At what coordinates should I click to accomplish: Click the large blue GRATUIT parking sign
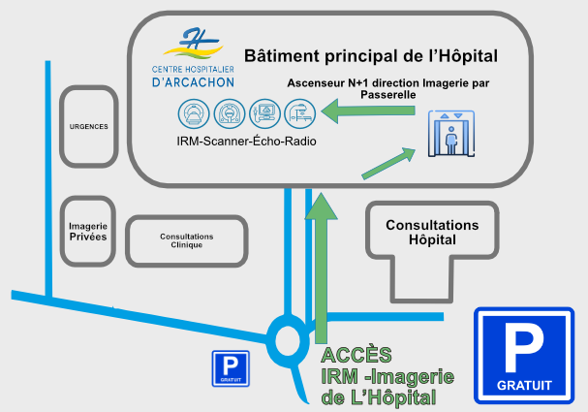523,356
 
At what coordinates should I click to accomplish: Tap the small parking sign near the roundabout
230,369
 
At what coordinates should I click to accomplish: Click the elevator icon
450,134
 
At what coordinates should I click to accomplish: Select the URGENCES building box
88,126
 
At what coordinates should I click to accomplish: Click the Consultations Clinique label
186,240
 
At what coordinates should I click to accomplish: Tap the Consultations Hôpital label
432,232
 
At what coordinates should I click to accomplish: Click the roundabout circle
289,339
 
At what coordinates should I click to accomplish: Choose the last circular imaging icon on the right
298,114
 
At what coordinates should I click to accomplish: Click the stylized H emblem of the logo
195,42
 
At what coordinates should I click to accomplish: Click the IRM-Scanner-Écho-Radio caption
246,142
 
